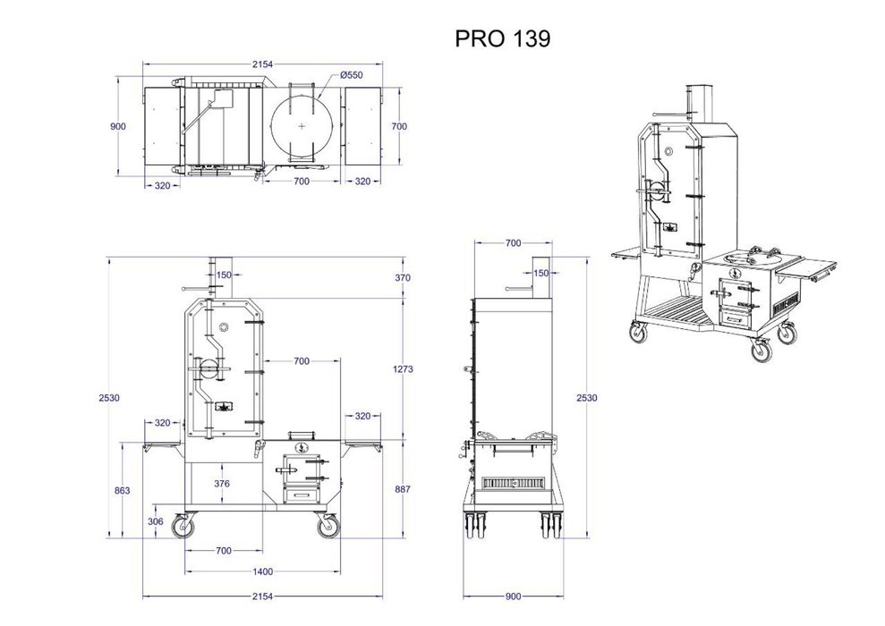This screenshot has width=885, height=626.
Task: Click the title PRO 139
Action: (x=503, y=38)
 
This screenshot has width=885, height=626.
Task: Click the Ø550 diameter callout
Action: (x=353, y=76)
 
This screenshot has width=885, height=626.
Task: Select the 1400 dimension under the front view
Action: (x=261, y=571)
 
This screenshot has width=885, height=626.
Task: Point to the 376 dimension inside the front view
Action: (x=222, y=483)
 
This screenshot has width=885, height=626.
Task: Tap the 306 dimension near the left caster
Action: (x=156, y=521)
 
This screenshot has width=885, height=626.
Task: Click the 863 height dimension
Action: (x=123, y=490)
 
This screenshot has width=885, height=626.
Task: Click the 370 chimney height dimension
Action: (x=402, y=278)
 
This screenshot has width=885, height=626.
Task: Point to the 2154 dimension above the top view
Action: (x=261, y=63)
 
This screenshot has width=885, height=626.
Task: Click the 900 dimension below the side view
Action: (x=514, y=595)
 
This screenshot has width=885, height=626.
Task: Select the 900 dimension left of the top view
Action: (x=118, y=126)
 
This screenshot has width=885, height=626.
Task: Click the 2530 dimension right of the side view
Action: (x=587, y=397)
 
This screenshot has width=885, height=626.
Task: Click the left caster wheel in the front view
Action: (x=183, y=528)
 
